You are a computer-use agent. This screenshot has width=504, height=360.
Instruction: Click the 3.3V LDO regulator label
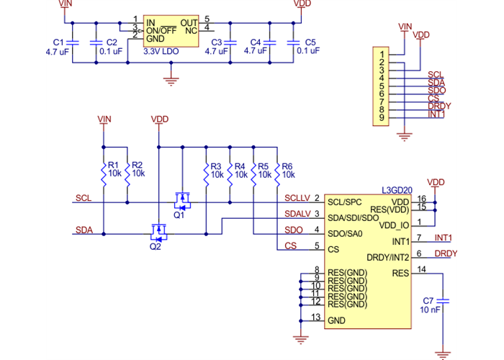click(x=161, y=52)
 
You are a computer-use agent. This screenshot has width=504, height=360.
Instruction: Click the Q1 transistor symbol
click(x=181, y=198)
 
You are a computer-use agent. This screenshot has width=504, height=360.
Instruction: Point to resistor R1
click(x=104, y=170)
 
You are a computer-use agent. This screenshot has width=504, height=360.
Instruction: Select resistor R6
click(x=278, y=170)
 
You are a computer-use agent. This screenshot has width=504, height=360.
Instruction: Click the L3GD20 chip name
click(x=397, y=191)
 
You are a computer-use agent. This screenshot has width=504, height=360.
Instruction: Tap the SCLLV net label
click(x=297, y=197)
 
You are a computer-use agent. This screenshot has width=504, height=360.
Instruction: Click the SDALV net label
click(x=297, y=214)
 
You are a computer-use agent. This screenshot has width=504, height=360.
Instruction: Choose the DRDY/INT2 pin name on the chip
click(x=388, y=257)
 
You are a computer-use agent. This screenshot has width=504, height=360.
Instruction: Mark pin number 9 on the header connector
click(x=380, y=118)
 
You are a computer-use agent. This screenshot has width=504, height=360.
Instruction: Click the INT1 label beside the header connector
click(x=436, y=114)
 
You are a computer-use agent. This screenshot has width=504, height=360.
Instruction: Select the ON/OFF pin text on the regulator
click(x=161, y=30)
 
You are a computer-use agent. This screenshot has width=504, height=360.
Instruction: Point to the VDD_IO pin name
click(x=394, y=225)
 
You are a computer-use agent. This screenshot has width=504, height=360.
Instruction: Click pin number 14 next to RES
click(x=421, y=269)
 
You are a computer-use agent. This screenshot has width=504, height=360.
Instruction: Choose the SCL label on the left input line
click(x=83, y=197)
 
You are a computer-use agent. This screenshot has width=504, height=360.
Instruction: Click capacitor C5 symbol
click(x=292, y=43)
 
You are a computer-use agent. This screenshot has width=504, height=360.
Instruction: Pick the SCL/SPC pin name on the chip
click(x=344, y=202)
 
